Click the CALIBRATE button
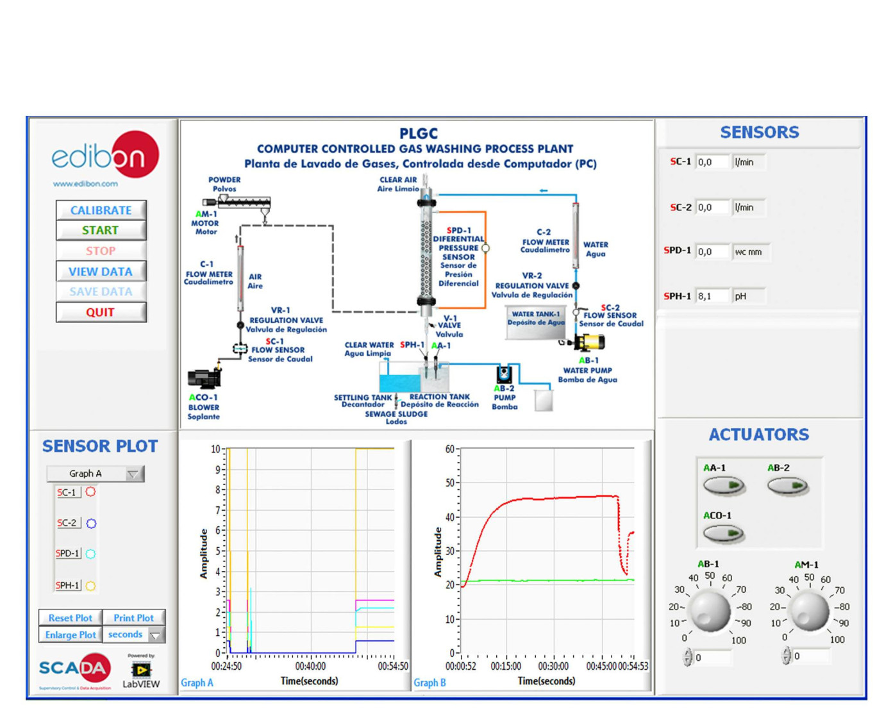coord(101,210)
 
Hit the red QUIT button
coord(101,312)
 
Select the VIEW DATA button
coord(101,272)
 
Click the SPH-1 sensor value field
coord(712,296)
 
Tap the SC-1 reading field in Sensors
coord(712,162)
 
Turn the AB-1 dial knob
coord(710,609)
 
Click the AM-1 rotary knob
coord(809,609)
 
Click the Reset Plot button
coord(70,618)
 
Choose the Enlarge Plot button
coord(70,634)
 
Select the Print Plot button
coord(133,618)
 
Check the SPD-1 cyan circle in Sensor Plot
coord(91,554)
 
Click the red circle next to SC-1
coord(91,492)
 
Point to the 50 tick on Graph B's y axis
coord(450,483)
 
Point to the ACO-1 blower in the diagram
coord(204,378)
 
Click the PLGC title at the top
coord(418,133)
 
